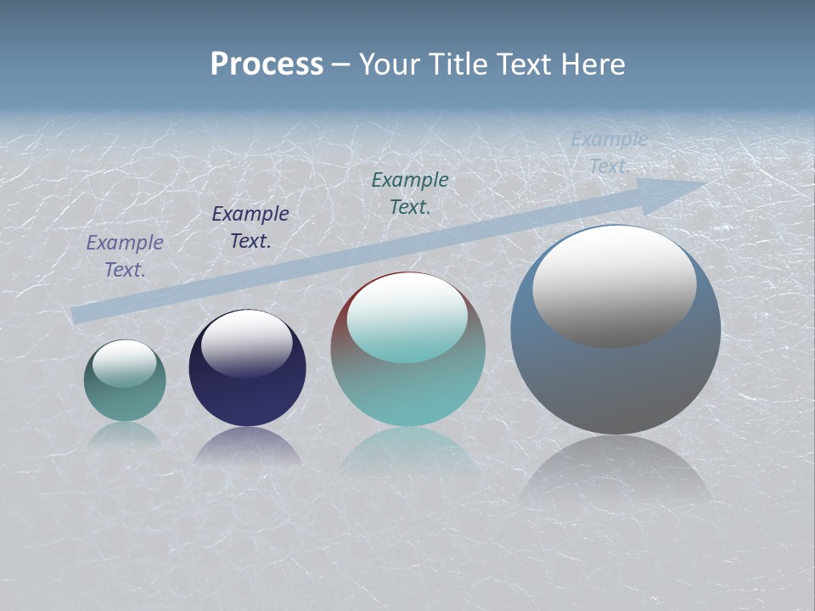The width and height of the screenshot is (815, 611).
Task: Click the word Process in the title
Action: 267,64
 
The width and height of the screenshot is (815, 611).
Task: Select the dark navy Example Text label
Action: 250,227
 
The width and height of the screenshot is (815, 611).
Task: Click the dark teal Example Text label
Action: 410,193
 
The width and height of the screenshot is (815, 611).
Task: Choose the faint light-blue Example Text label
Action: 609,153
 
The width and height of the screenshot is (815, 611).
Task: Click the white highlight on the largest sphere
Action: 615,284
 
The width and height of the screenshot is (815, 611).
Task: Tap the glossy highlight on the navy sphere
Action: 247,343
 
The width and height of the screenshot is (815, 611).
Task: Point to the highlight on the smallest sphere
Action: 125,363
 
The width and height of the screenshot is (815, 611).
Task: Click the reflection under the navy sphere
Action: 247,446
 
